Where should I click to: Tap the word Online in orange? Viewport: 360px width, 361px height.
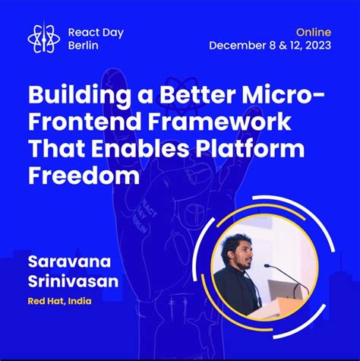coord(312,31)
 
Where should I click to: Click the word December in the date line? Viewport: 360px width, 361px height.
coord(238,46)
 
